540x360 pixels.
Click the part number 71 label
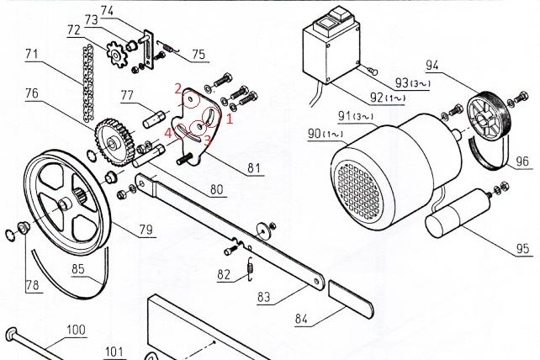click(x=32, y=55)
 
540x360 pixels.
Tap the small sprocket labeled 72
click(x=116, y=54)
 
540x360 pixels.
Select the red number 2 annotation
click(x=177, y=89)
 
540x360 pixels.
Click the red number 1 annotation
click(x=230, y=119)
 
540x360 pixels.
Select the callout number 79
click(x=146, y=230)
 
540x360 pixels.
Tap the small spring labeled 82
click(x=251, y=268)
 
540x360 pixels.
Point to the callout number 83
click(x=264, y=297)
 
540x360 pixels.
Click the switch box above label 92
click(x=332, y=45)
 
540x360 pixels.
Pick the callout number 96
click(x=522, y=161)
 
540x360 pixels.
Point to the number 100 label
click(x=76, y=330)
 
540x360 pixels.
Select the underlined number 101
click(x=114, y=352)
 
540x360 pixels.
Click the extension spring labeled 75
click(x=169, y=47)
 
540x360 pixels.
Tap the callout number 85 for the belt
click(x=78, y=269)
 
